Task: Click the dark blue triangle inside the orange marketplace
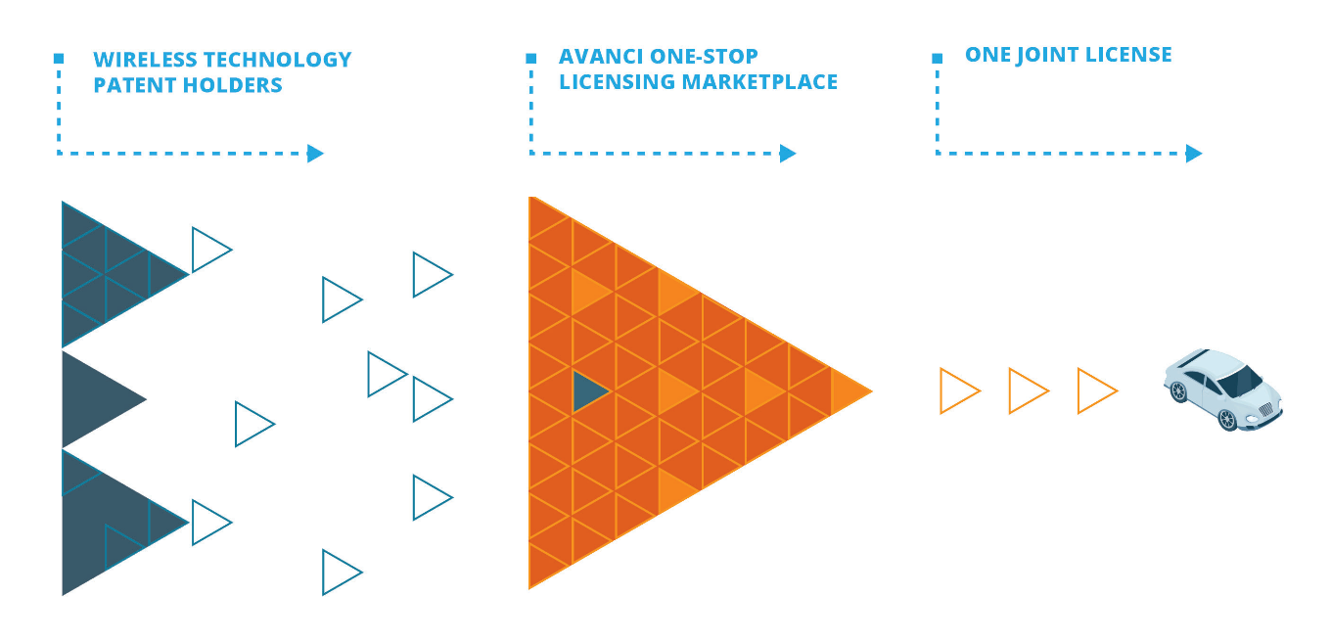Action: [587, 390]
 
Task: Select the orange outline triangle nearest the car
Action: [1094, 390]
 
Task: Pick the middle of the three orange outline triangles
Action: [1026, 390]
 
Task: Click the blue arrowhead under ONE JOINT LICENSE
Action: [1193, 153]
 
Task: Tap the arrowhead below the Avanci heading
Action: [787, 153]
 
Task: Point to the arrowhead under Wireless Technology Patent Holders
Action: [314, 153]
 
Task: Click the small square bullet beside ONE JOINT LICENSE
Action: [937, 58]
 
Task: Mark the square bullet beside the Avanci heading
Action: [530, 58]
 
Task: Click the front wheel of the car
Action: [1227, 419]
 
